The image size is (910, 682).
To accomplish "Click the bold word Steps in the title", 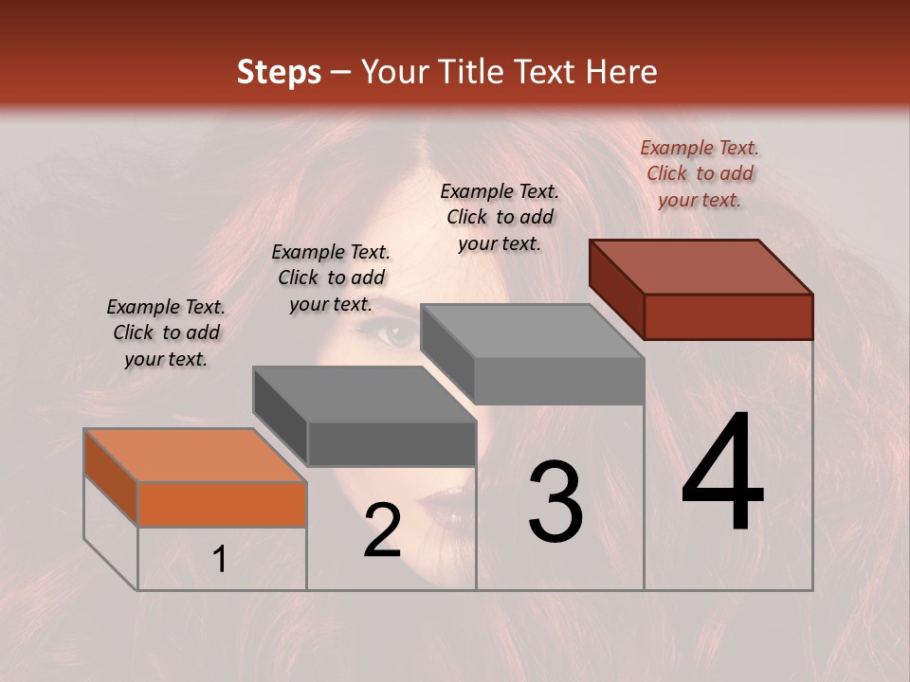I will click(x=279, y=72).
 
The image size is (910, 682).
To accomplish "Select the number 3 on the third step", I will click(x=555, y=502).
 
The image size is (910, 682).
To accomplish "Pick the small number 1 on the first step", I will click(x=220, y=560).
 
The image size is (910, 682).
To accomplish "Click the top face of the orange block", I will click(x=194, y=456).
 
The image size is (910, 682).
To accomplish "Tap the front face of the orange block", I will click(x=222, y=504).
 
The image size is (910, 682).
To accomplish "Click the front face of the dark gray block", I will click(x=391, y=444).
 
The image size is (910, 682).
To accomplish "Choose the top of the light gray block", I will click(x=532, y=332).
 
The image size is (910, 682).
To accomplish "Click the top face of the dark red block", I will click(x=701, y=266).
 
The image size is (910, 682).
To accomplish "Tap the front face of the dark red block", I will click(x=728, y=316).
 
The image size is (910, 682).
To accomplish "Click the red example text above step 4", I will click(x=700, y=173).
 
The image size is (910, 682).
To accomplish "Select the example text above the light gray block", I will click(x=500, y=217).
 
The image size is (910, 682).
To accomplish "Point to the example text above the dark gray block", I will click(x=331, y=278).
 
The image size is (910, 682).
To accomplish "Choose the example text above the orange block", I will click(x=166, y=332).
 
